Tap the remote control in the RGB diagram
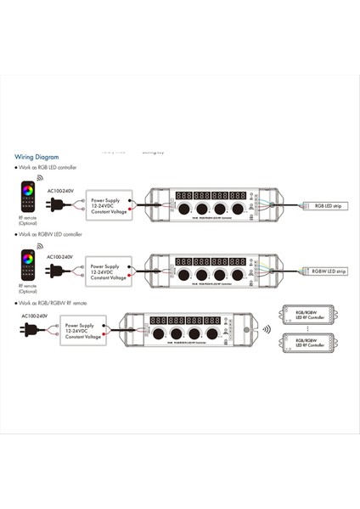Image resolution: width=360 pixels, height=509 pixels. [27, 197]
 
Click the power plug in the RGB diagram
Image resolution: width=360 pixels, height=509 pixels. [59, 204]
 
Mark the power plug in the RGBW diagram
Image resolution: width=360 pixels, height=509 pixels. [59, 271]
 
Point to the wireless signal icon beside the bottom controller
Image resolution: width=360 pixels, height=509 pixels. [266, 329]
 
